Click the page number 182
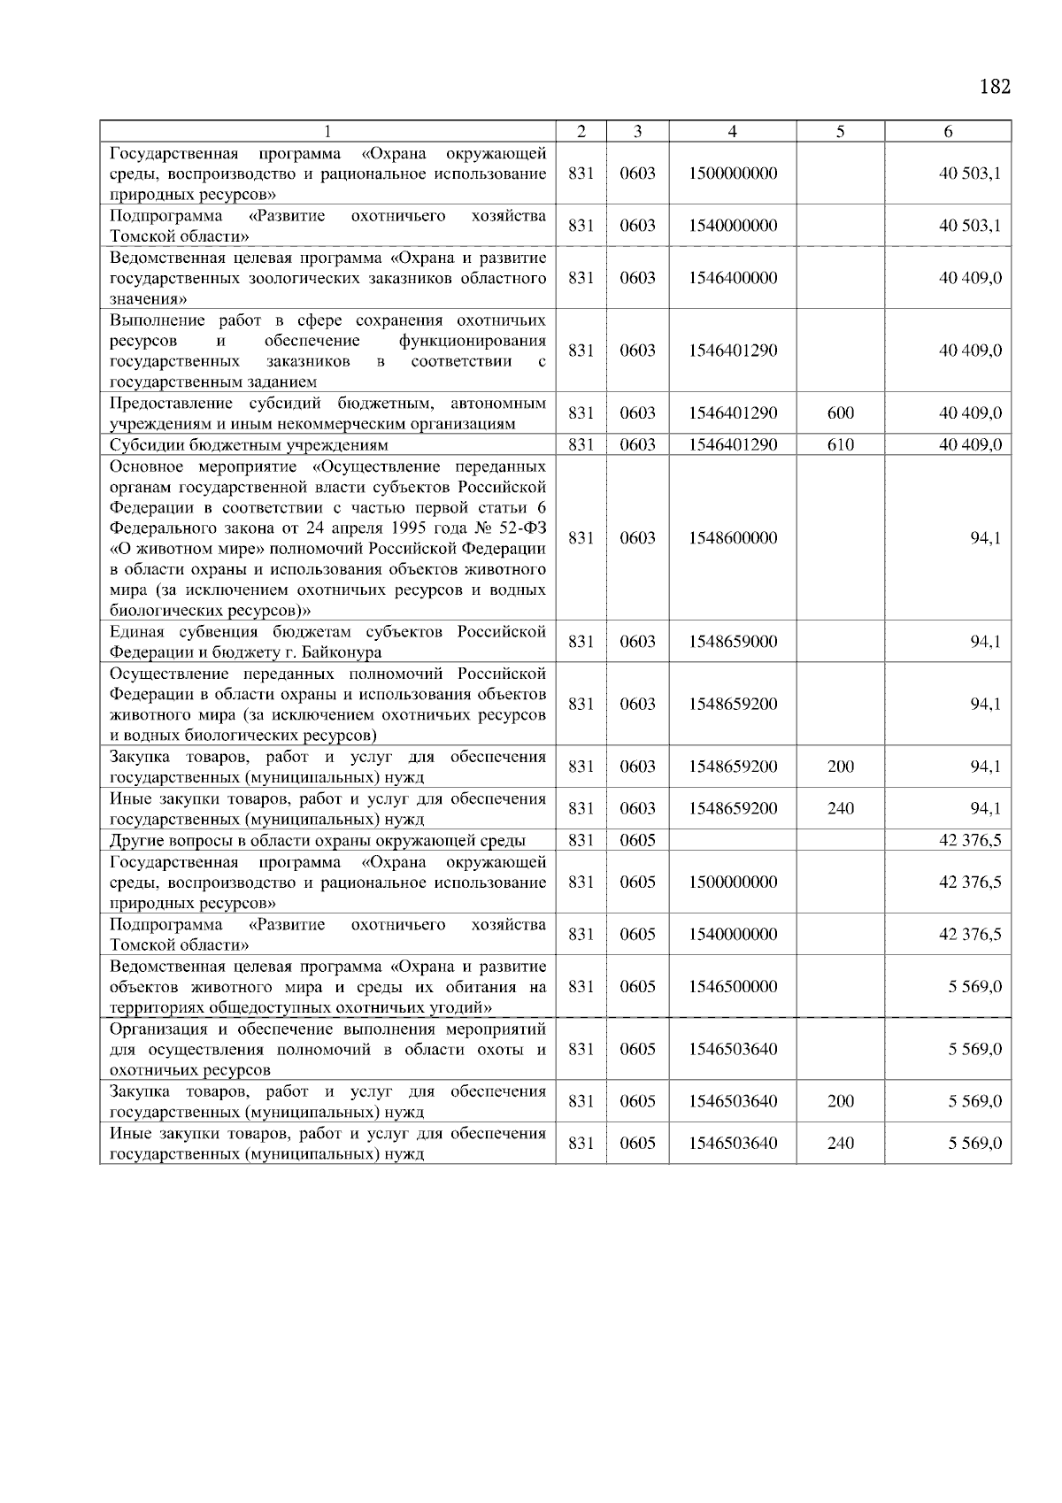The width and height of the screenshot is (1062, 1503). (x=995, y=87)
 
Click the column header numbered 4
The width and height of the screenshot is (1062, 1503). (x=732, y=131)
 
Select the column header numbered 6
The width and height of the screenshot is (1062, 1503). (x=948, y=131)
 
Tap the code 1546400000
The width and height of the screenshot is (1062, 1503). (x=733, y=278)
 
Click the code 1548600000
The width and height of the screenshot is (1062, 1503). (x=733, y=538)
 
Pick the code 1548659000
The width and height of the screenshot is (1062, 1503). (x=733, y=642)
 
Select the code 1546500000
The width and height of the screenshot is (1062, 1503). (x=733, y=987)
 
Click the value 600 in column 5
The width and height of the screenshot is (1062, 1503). (x=840, y=413)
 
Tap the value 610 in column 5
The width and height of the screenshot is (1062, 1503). (x=840, y=445)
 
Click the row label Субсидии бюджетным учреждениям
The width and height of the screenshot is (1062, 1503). (x=249, y=445)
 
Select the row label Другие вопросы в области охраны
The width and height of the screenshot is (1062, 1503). (x=317, y=841)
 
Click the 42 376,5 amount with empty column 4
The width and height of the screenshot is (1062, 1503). (x=970, y=841)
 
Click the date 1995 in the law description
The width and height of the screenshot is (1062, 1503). (x=388, y=528)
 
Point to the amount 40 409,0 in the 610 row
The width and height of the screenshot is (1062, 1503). (x=970, y=445)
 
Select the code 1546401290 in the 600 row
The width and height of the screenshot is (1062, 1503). (x=733, y=413)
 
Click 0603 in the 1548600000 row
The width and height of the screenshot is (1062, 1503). (x=637, y=538)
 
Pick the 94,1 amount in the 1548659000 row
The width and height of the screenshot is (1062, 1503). (x=984, y=642)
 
